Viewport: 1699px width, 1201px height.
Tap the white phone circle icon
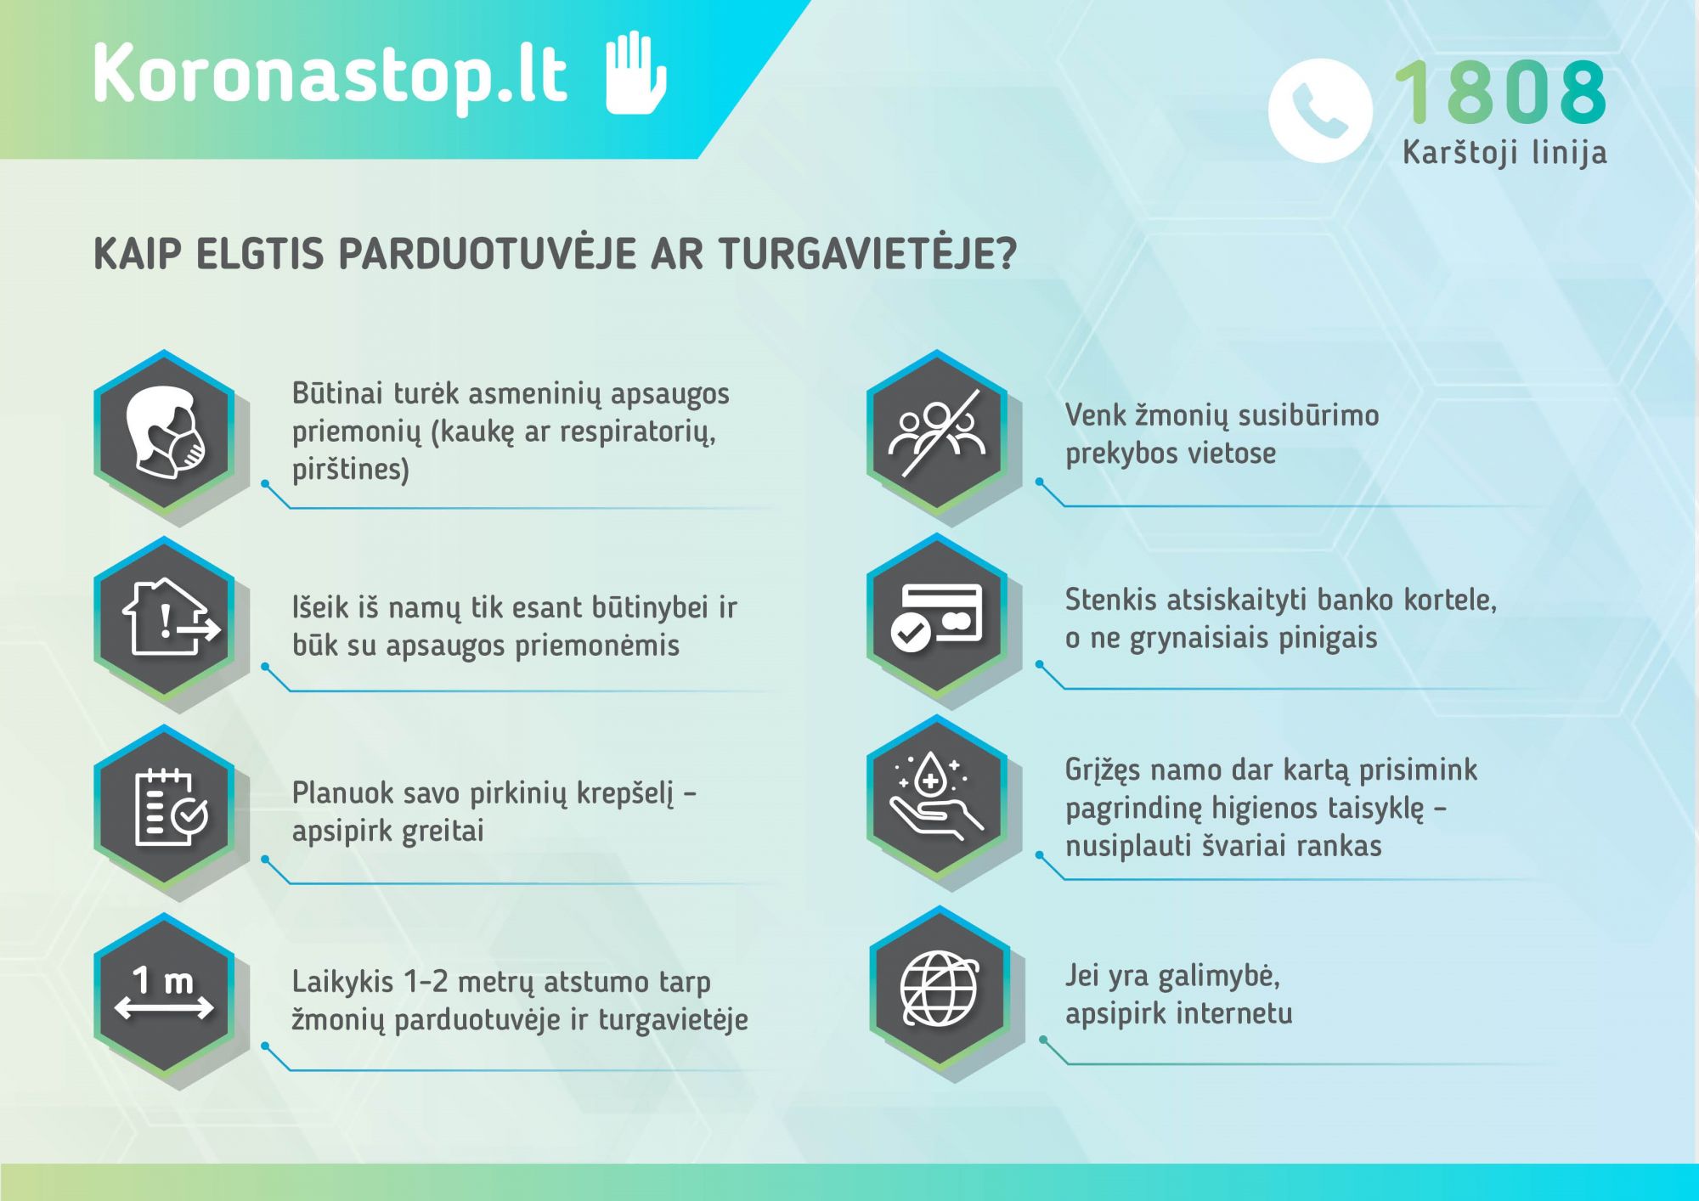pos(1319,110)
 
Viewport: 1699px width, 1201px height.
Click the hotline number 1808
pos(1500,92)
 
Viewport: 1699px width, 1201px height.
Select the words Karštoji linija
pos(1504,153)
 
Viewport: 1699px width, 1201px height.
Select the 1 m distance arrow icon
pos(164,995)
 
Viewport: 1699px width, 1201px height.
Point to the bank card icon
pos(937,615)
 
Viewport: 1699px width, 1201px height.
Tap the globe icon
pos(939,989)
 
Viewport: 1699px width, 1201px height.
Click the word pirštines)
pos(350,470)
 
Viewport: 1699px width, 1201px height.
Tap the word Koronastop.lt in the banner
pos(330,74)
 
